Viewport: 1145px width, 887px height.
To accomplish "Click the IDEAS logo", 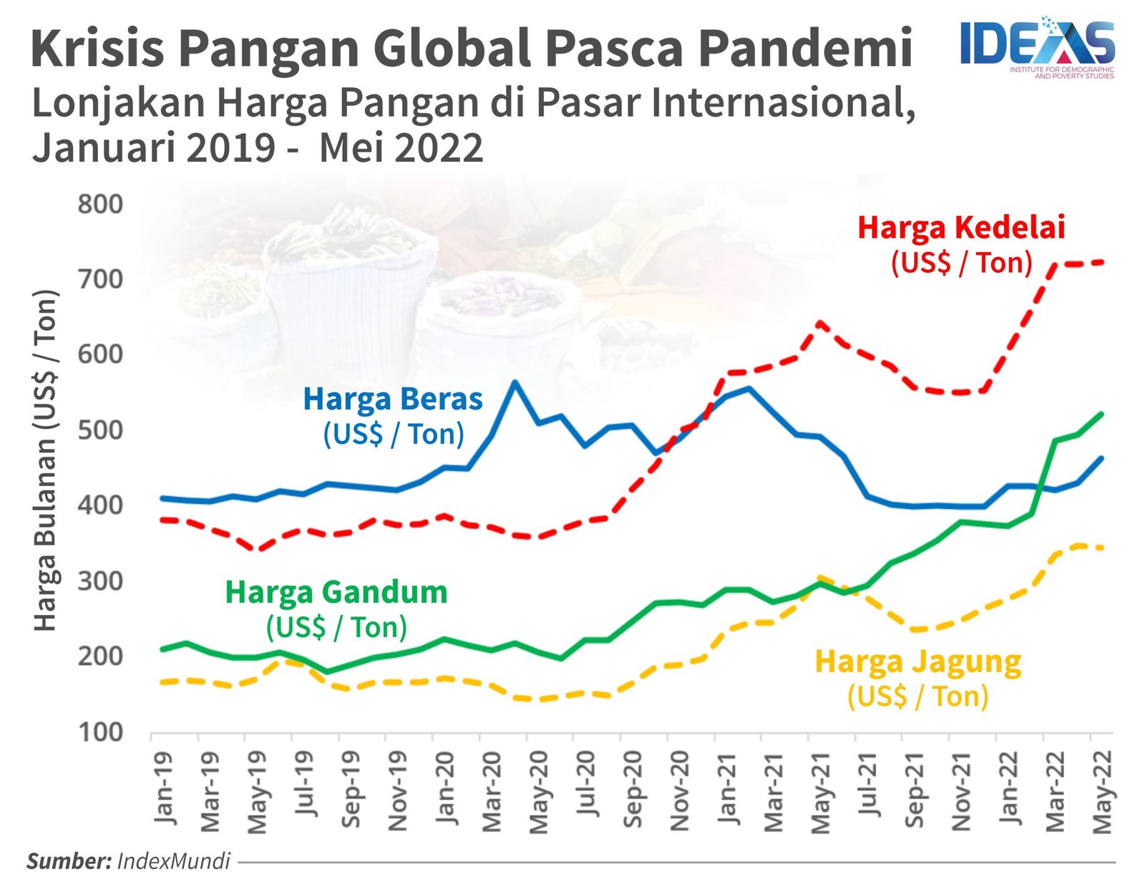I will click(x=1037, y=44).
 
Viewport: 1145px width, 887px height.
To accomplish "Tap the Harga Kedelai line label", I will click(x=961, y=228).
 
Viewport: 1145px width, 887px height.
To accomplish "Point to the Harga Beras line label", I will click(x=393, y=399).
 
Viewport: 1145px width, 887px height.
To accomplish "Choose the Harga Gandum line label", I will click(x=336, y=593).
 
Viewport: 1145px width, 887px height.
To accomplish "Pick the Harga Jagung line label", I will click(x=918, y=661).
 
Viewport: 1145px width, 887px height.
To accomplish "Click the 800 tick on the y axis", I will click(x=100, y=204).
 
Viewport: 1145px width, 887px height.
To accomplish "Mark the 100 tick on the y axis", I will click(x=100, y=732).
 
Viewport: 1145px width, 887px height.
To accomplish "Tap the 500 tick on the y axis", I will click(x=100, y=430).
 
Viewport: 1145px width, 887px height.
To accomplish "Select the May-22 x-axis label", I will click(x=1103, y=792).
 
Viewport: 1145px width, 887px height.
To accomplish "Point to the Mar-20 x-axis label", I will click(x=492, y=792).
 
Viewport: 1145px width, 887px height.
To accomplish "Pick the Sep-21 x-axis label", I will click(x=915, y=792).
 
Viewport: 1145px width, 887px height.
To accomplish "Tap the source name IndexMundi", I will click(x=173, y=861).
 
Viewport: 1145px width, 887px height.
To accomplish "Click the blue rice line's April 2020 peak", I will click(x=515, y=382).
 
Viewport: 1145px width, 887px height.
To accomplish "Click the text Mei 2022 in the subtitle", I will click(x=401, y=148).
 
